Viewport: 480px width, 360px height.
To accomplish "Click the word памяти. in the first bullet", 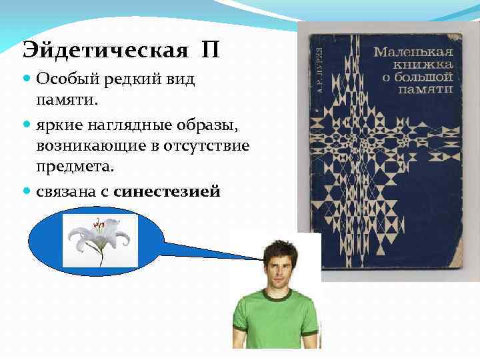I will (67, 99).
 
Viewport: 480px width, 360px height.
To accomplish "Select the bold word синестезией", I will (167, 192).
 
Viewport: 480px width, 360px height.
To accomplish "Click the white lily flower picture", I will (99, 241).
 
